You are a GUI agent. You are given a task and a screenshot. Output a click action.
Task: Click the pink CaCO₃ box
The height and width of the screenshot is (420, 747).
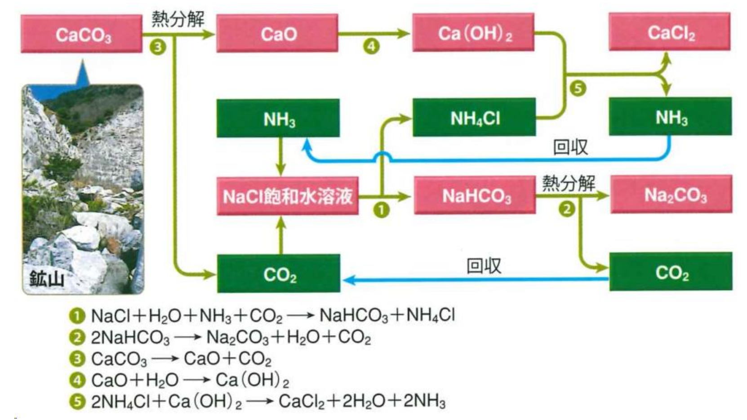point(81,34)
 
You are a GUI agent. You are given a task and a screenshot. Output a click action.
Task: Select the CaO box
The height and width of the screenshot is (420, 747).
point(277,34)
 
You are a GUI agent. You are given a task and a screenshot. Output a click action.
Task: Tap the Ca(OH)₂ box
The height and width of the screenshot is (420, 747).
point(473,33)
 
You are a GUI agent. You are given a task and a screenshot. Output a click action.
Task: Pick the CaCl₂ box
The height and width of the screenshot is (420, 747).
point(670,32)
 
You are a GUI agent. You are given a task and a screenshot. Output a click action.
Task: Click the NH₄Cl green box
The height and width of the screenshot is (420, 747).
point(474,118)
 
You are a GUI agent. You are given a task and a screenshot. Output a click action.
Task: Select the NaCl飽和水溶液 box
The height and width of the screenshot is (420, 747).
point(288,196)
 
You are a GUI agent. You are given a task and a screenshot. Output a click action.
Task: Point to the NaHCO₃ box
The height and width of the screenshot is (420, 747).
point(475,195)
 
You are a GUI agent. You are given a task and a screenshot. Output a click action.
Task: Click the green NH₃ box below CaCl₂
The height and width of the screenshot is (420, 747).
point(671,117)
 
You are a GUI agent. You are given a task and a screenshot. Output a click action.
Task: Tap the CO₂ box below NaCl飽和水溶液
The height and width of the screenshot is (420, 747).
point(279,274)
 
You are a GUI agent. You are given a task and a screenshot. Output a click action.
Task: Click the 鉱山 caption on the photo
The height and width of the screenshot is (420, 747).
point(46,279)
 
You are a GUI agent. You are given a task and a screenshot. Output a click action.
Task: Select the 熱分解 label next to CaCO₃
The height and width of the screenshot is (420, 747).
point(178,19)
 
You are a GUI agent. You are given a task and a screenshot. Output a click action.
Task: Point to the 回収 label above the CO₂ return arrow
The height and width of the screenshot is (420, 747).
point(484,265)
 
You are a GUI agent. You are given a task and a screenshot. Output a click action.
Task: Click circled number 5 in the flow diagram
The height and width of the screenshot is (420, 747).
point(578,88)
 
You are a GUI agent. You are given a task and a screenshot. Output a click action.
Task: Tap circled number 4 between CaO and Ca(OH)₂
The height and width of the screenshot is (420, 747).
point(371,46)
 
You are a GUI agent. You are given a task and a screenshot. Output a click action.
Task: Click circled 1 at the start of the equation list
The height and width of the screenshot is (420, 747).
point(77,316)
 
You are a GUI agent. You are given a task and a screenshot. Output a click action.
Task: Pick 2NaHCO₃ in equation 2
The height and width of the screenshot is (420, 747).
point(130,337)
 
